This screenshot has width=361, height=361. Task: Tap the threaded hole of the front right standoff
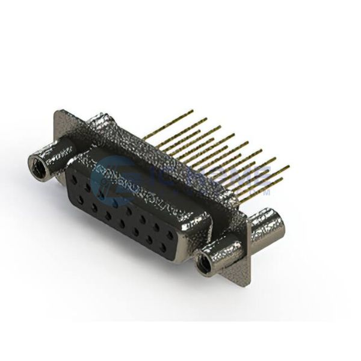coord(206,261)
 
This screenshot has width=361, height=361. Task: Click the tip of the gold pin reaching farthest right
coord(288,167)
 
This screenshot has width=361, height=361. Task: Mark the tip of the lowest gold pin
coord(282,179)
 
